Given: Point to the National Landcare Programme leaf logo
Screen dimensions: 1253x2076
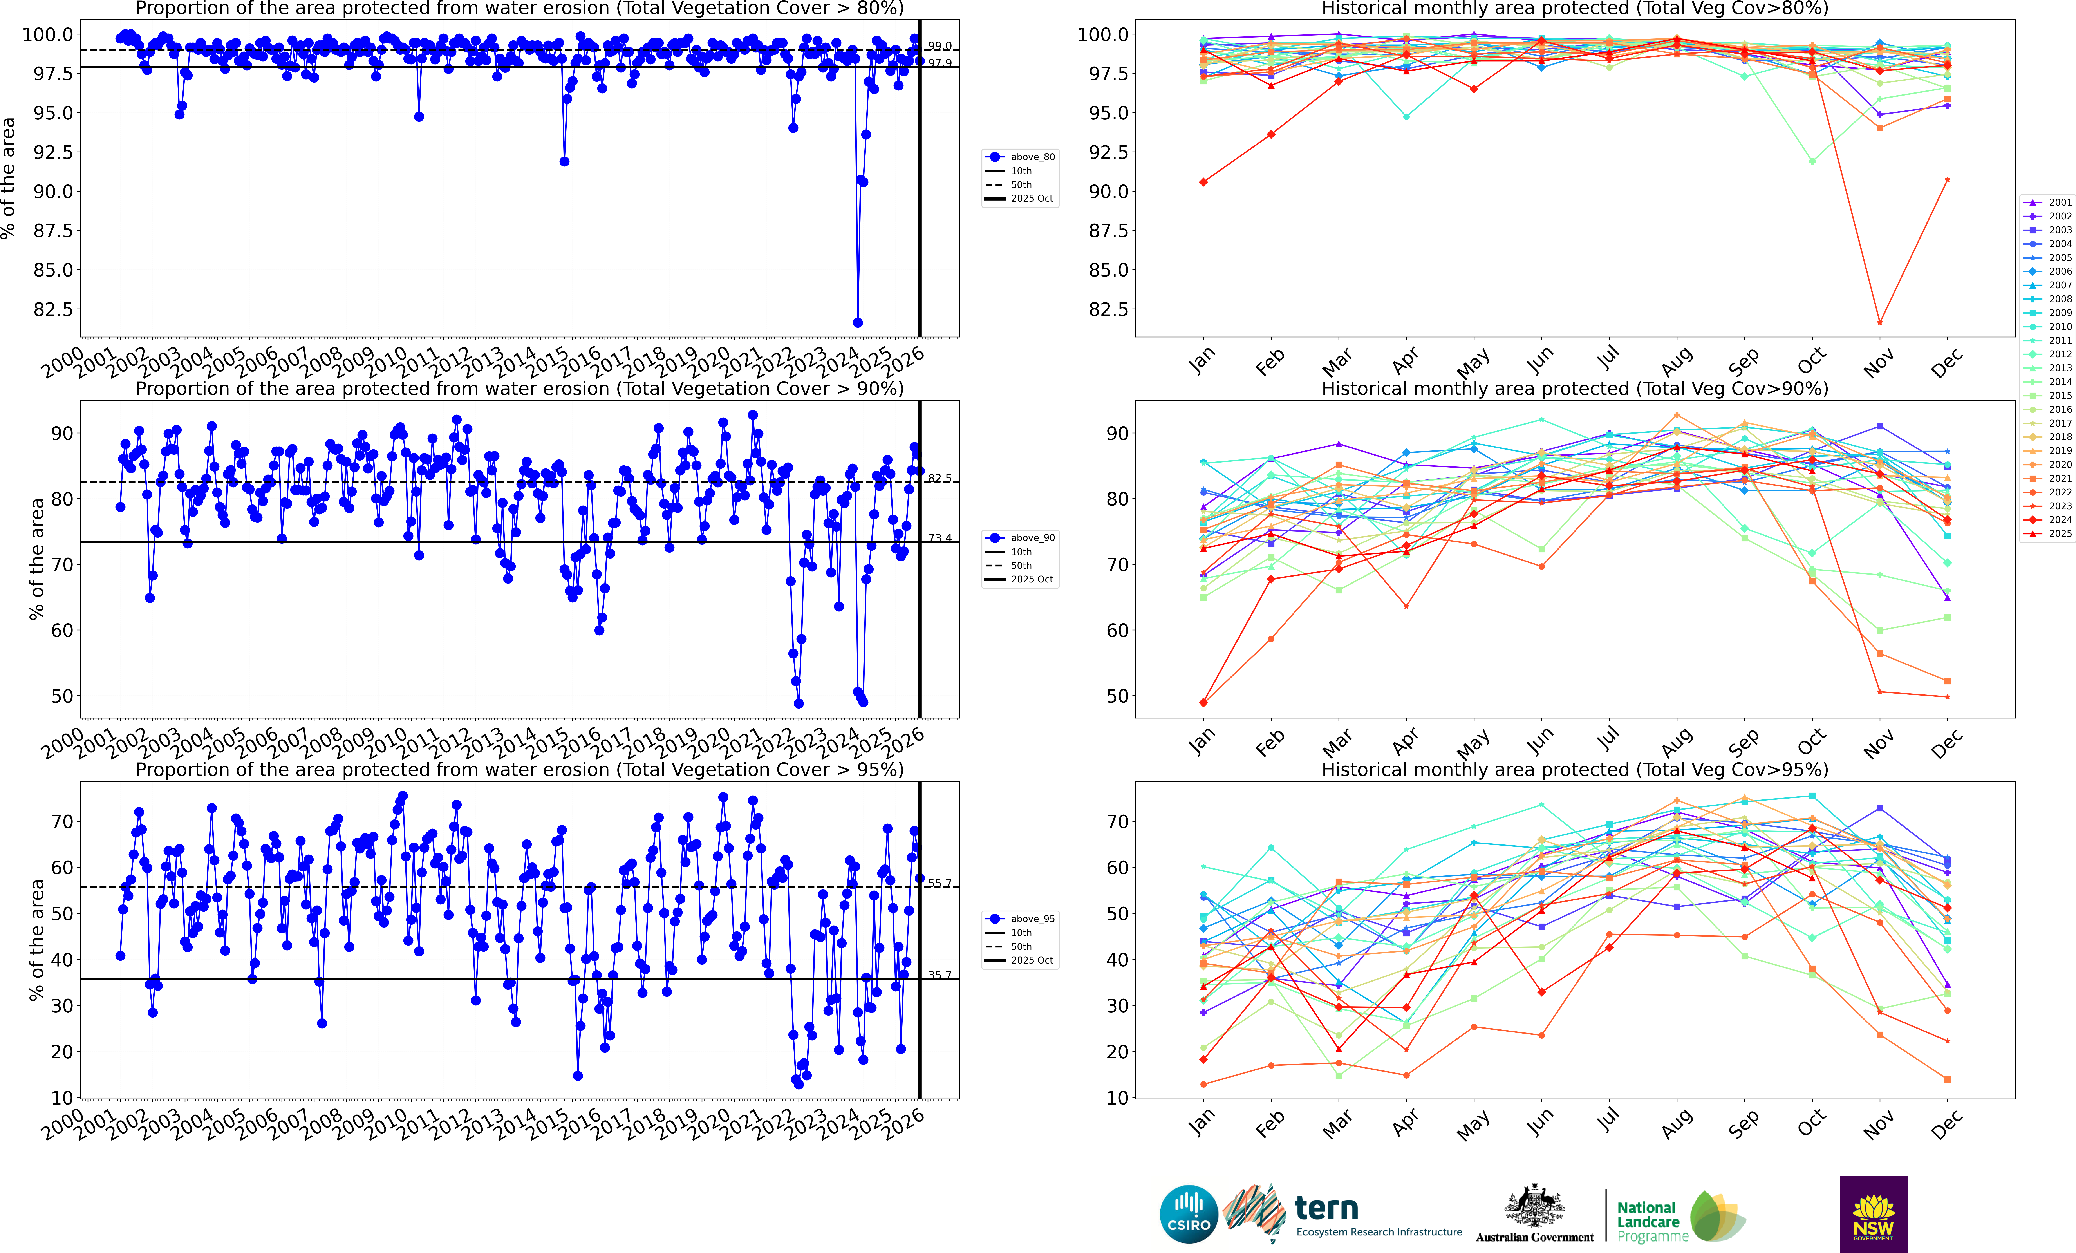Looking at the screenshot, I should coord(1717,1216).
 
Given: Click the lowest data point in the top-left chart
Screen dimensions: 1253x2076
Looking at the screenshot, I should coord(858,323).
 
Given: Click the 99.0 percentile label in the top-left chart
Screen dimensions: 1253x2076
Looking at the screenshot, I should coord(940,46).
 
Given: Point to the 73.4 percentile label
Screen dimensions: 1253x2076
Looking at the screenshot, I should coord(940,538).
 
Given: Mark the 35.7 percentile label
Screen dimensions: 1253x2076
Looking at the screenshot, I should coord(940,975).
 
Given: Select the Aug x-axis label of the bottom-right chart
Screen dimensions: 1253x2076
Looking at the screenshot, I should coord(1677,1123).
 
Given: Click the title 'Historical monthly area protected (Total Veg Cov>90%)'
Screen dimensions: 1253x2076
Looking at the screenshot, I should coord(1575,389).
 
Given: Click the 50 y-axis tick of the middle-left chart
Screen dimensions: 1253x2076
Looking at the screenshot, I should coord(61,696).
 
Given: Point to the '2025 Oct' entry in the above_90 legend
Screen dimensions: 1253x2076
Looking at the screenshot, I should coord(1032,579).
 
